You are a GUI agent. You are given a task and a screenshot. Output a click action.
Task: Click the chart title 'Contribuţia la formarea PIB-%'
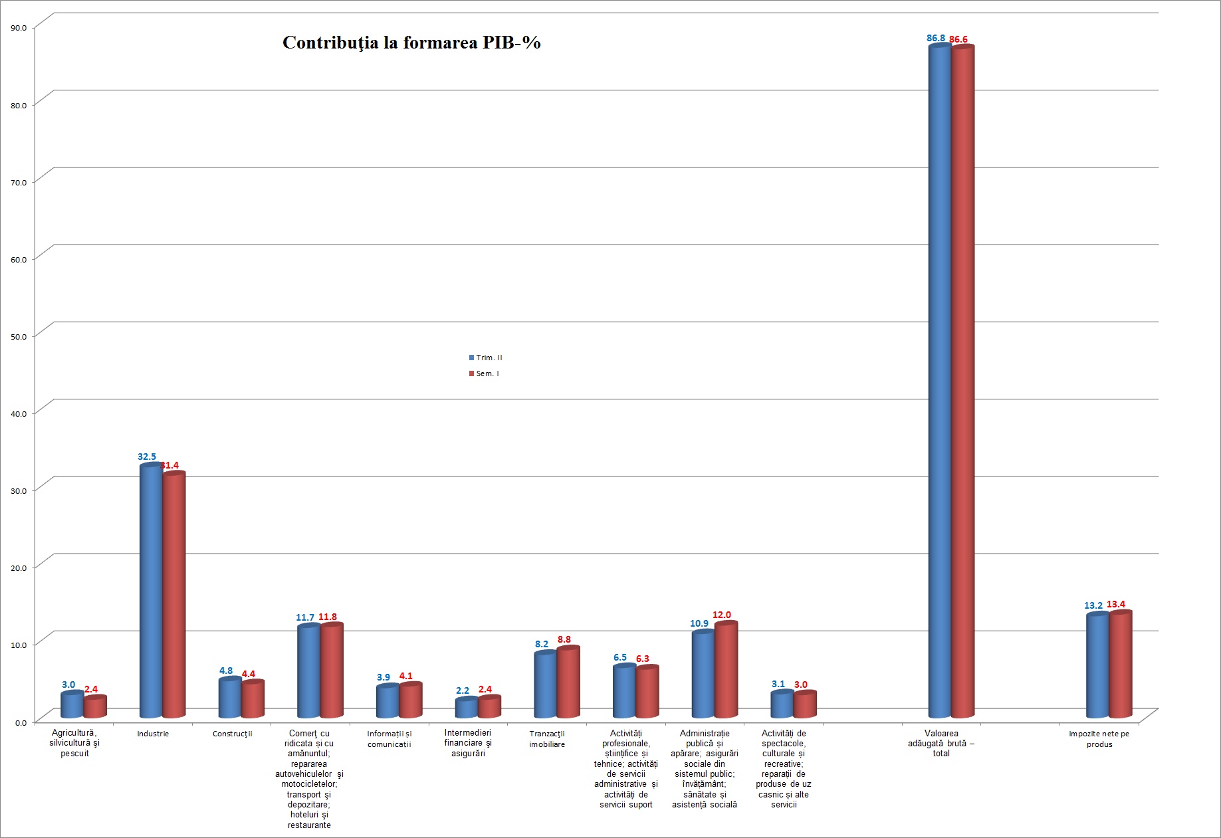click(411, 43)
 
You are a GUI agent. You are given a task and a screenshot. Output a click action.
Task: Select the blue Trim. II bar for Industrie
click(150, 591)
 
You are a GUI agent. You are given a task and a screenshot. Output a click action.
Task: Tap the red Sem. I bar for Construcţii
click(253, 699)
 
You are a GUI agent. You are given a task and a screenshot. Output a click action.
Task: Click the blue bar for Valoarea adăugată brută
click(939, 382)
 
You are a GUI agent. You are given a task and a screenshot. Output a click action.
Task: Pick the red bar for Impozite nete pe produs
click(1120, 665)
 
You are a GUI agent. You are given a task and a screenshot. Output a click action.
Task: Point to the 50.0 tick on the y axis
click(19, 336)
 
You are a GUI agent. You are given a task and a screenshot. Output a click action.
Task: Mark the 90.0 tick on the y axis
click(19, 28)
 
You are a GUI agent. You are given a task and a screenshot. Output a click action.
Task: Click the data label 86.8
click(936, 39)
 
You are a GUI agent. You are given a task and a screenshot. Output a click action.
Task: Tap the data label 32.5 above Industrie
click(147, 457)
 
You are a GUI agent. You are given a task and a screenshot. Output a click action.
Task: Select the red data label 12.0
click(722, 615)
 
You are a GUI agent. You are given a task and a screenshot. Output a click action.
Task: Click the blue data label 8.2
click(542, 644)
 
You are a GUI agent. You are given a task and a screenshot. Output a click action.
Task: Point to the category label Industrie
click(153, 734)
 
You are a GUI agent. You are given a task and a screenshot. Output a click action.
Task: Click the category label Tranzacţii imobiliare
click(547, 739)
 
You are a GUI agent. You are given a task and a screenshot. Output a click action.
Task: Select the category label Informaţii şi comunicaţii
click(389, 739)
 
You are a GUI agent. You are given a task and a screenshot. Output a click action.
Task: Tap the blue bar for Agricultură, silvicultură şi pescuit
click(72, 705)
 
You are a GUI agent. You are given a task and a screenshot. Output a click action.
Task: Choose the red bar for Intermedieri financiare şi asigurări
click(489, 707)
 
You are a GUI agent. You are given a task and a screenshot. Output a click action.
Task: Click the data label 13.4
click(1116, 604)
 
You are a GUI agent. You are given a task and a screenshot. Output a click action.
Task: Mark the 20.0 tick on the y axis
click(19, 568)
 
